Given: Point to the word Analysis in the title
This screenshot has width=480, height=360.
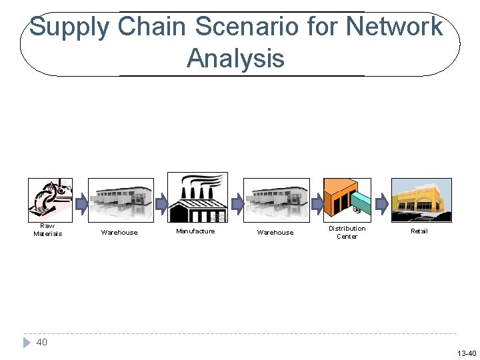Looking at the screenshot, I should coord(235,58).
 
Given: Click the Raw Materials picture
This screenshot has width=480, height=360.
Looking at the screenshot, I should coord(50,199).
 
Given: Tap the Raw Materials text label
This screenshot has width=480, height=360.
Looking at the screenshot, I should coord(47,230).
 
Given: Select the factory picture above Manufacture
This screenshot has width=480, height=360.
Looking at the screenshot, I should coord(197,197).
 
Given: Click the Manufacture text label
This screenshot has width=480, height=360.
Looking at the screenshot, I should coord(195,231).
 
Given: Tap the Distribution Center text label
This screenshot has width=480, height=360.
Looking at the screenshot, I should coord(347,232).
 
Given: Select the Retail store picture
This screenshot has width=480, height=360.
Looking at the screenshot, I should coord(421,199).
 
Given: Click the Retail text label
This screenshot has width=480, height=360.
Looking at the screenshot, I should coord(419,231).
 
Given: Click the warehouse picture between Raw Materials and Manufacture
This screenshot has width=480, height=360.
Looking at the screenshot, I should coord(121,199).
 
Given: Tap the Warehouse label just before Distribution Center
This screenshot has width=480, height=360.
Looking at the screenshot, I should coord(275,233).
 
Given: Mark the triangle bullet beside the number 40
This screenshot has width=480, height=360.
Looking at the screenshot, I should coord(27,343).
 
